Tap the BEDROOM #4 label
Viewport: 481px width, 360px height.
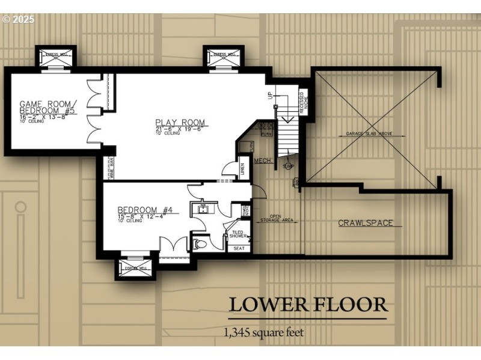coord(146,210)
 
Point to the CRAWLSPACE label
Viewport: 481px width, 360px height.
coord(365,223)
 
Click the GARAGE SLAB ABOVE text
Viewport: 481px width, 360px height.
coord(374,133)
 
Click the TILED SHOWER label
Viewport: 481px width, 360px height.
coord(237,234)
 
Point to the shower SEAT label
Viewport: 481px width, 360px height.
coord(238,248)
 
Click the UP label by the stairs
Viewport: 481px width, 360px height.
coord(269,96)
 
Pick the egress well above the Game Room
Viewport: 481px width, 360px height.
coord(57,56)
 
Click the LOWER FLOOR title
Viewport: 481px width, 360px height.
coord(307,305)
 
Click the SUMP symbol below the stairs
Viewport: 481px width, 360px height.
coord(287,165)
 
